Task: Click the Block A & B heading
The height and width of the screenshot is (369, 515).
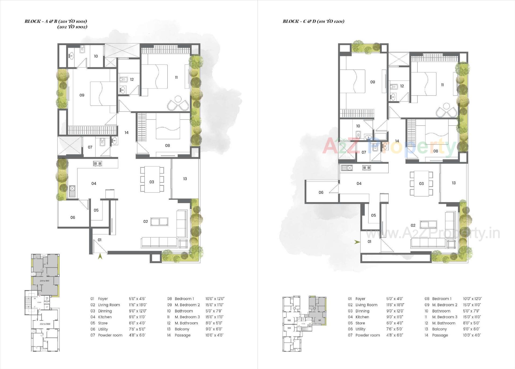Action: [56, 21]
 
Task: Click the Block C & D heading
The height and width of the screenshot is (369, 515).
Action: [313, 21]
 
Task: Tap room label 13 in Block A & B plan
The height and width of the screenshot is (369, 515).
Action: [185, 179]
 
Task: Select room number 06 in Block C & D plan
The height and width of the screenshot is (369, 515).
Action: [321, 192]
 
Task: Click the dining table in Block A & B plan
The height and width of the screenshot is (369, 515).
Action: [152, 179]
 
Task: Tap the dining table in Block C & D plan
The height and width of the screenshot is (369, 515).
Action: [421, 184]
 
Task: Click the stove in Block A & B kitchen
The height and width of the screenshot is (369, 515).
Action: [97, 163]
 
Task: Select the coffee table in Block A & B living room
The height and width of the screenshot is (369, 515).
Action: [159, 222]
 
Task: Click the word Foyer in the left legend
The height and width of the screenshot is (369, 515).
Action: [103, 299]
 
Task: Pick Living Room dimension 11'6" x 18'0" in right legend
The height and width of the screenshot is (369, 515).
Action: [395, 305]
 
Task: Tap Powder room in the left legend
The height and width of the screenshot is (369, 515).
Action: [110, 335]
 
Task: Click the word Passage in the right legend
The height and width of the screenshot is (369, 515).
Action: [440, 335]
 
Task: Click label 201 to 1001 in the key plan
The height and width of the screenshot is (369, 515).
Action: [45, 281]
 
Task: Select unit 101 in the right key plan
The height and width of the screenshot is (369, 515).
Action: [319, 320]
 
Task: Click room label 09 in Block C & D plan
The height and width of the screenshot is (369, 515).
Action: [372, 82]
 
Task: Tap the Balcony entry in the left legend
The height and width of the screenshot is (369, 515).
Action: [182, 329]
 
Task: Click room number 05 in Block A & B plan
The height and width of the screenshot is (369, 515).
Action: [96, 210]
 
